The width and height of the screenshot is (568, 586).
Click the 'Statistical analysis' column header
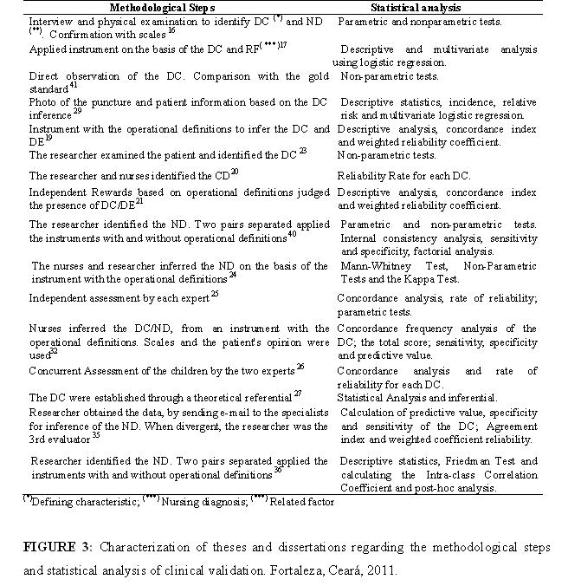(x=438, y=7)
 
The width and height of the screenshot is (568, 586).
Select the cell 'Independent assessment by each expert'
(x=119, y=297)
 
